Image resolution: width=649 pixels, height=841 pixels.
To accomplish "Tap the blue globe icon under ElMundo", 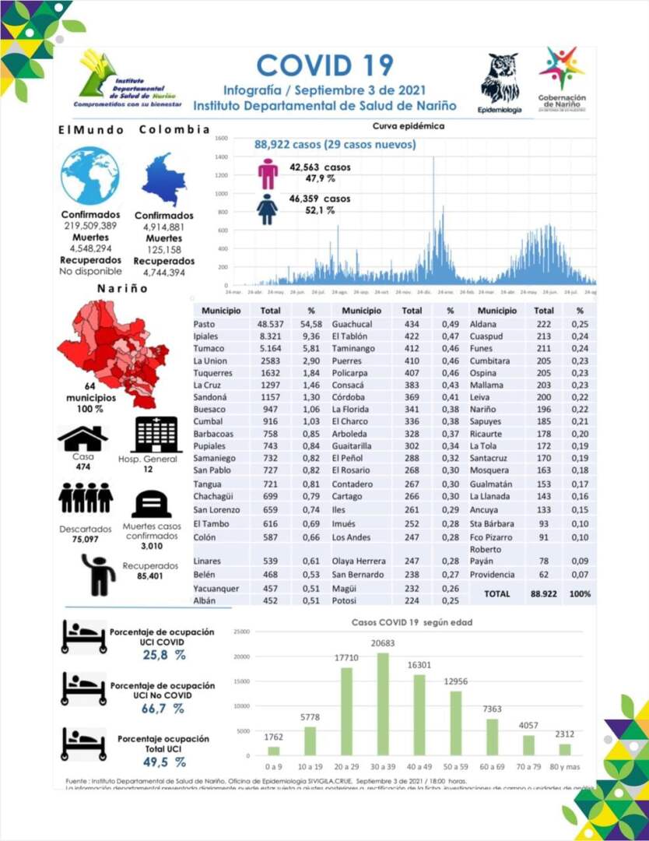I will click(x=89, y=176).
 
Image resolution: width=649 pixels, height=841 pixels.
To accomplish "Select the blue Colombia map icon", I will click(x=164, y=178).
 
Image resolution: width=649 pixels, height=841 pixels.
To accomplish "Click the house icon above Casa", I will click(x=82, y=438).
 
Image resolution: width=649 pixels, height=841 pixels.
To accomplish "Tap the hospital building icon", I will click(x=156, y=434).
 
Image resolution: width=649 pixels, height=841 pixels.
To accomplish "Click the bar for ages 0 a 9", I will click(x=273, y=750).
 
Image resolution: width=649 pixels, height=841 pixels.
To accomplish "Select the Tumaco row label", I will click(x=209, y=349).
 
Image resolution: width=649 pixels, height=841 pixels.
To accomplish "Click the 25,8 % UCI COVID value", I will click(x=164, y=655).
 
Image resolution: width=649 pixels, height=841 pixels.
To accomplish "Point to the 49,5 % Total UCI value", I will click(x=164, y=762).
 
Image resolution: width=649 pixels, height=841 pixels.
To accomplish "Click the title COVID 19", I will click(x=324, y=65).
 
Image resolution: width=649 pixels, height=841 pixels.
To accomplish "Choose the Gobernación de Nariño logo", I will click(x=562, y=79).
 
